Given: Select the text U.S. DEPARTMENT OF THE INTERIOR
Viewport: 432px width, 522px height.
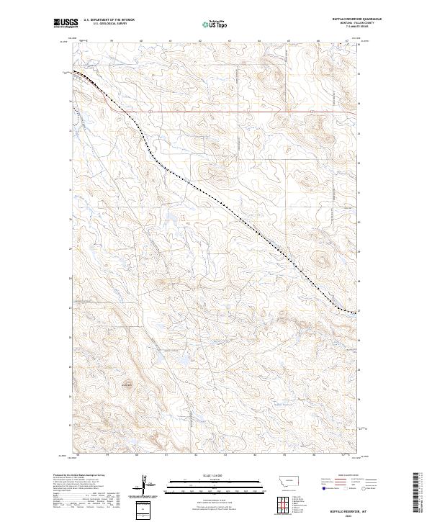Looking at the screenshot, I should tap(109, 20).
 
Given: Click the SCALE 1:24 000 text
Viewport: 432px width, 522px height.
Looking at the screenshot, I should tap(216, 474).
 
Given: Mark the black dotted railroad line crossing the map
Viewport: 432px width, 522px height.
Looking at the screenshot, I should tap(216, 198).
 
